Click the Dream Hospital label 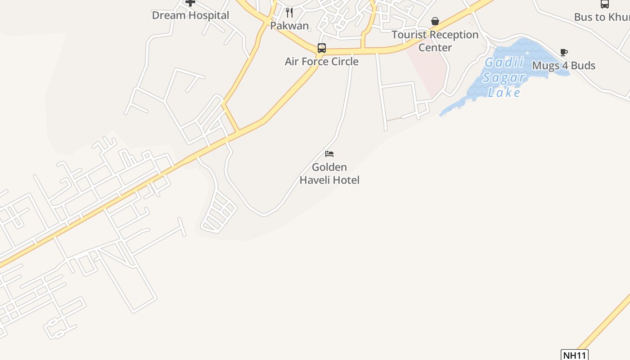[190, 15]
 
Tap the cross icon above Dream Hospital [190, 3]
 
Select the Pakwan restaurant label [289, 26]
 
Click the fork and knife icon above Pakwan [289, 13]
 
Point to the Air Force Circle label [321, 62]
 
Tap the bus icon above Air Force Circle [321, 48]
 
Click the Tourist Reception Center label [435, 41]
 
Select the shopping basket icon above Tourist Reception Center [435, 21]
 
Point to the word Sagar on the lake [504, 77]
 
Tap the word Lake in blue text [504, 93]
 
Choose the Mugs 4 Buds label [563, 66]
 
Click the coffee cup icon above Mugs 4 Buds [563, 53]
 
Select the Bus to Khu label [602, 17]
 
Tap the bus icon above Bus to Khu [604, 4]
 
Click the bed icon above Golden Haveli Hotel [329, 154]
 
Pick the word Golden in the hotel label [329, 167]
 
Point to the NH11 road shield [575, 355]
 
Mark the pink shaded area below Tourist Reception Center [427, 72]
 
